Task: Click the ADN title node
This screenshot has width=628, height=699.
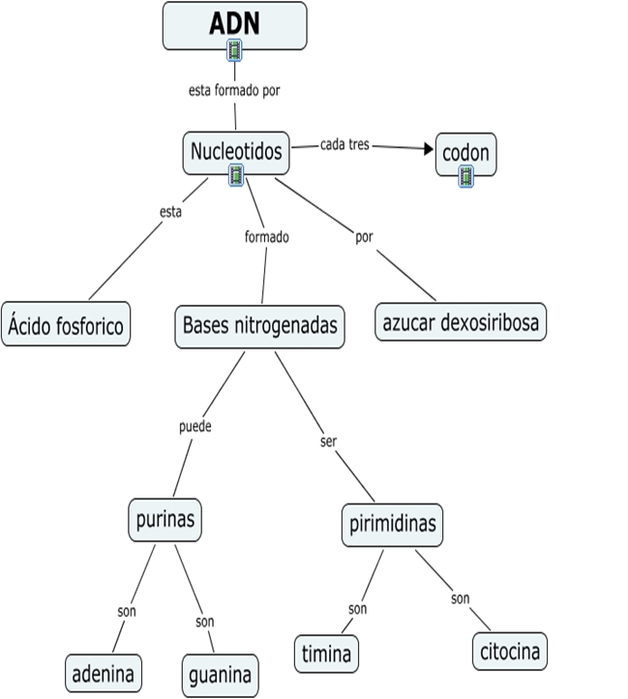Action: pyautogui.click(x=234, y=24)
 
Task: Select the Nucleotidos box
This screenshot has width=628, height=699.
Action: pyautogui.click(x=236, y=151)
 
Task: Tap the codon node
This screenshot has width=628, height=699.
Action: pyautogui.click(x=465, y=153)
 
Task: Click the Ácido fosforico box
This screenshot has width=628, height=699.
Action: pyautogui.click(x=66, y=325)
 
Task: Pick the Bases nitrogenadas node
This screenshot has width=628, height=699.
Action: pyautogui.click(x=259, y=325)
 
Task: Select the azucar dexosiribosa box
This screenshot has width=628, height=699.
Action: pyautogui.click(x=461, y=322)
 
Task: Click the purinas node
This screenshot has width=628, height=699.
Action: pyautogui.click(x=164, y=520)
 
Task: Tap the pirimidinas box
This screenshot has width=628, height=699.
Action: pyautogui.click(x=392, y=525)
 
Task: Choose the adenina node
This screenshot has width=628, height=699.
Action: pyautogui.click(x=103, y=672)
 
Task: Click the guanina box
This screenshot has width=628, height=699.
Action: pyautogui.click(x=221, y=673)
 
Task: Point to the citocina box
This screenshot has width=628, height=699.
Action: pyautogui.click(x=510, y=651)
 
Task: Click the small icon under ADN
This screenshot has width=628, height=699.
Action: pyautogui.click(x=234, y=49)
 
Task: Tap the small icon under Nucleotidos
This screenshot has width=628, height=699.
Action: pyautogui.click(x=236, y=174)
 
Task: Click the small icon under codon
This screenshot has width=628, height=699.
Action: pyautogui.click(x=465, y=175)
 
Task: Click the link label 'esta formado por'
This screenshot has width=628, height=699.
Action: pyautogui.click(x=234, y=91)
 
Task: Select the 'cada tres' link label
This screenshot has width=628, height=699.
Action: pyautogui.click(x=344, y=145)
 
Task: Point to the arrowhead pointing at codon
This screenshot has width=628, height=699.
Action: pyautogui.click(x=426, y=148)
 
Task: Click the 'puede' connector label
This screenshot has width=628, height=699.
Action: pyautogui.click(x=194, y=425)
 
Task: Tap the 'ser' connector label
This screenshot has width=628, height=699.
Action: pyautogui.click(x=327, y=441)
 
